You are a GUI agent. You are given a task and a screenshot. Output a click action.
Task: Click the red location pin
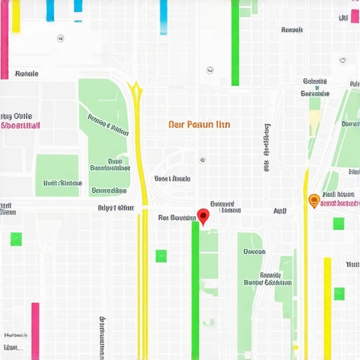204,216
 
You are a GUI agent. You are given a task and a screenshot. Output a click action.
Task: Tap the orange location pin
314,201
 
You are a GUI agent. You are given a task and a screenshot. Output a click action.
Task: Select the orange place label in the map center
199,124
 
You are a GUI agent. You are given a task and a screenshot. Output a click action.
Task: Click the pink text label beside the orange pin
339,204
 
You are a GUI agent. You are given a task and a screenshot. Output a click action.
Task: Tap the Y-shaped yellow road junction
134,89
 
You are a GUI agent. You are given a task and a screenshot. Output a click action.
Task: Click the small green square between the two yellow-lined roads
161,255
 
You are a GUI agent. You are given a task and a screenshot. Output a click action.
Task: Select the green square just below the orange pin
338,224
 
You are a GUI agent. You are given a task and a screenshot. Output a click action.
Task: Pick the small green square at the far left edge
16,238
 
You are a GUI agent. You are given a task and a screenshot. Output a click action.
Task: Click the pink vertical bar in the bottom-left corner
35,330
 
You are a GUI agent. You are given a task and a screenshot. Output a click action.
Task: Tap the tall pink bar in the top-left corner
4,39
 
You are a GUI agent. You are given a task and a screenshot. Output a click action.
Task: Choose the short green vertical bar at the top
235,42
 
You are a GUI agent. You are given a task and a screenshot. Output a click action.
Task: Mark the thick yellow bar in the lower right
327,308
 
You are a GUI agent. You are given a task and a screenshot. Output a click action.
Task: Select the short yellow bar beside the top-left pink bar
15,15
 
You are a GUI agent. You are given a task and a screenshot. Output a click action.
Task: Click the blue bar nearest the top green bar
163,17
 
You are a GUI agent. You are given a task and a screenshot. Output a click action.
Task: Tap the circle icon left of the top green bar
210,70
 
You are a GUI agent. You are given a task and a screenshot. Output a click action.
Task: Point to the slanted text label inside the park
108,124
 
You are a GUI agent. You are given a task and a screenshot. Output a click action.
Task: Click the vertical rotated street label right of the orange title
266,148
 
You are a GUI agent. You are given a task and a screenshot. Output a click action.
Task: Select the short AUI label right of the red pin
280,210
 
